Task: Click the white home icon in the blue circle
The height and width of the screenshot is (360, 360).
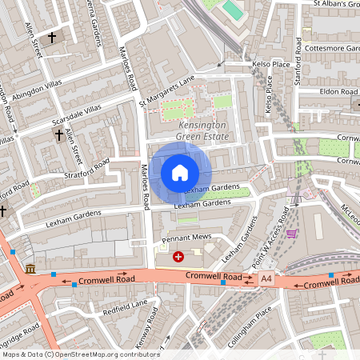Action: point(180,172)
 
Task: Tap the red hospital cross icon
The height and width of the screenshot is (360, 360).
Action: point(178,257)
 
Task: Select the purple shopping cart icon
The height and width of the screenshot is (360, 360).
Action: point(292,234)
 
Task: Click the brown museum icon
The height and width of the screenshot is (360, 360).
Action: point(30,268)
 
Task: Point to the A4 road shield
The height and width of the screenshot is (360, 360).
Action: point(266,277)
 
